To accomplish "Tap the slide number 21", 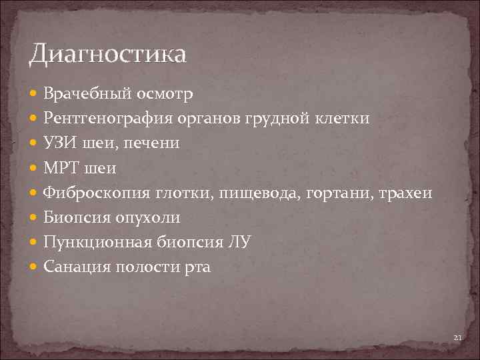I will point(457,339).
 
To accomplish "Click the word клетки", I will point(340,119).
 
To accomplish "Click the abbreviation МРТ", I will point(59,169).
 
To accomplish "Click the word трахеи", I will point(405,193).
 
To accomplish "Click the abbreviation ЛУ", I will point(240,243).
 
